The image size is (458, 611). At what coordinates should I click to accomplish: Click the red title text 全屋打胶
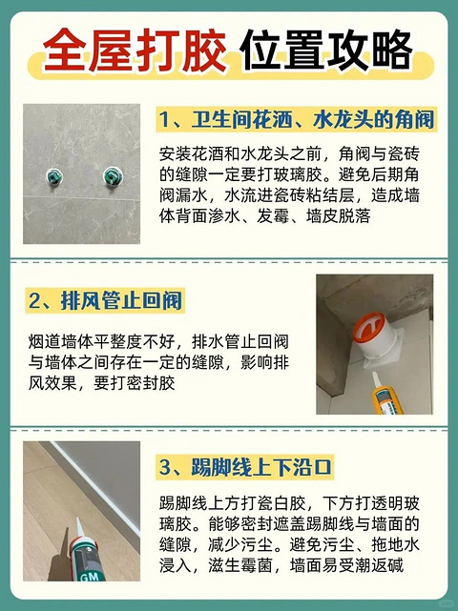pyautogui.click(x=135, y=51)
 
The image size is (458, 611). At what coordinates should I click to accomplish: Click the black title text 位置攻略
pyautogui.click(x=326, y=51)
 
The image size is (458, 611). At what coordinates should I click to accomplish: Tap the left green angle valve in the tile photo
pyautogui.click(x=54, y=176)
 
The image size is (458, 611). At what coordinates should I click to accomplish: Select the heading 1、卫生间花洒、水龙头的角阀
pyautogui.click(x=297, y=120)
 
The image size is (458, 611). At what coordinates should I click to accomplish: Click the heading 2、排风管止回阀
pyautogui.click(x=105, y=301)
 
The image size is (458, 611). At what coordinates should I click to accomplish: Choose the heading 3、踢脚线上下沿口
pyautogui.click(x=245, y=467)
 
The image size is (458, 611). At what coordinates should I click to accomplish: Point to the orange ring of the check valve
pyautogui.click(x=368, y=327)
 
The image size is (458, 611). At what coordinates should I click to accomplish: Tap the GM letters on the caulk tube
pyautogui.click(x=89, y=576)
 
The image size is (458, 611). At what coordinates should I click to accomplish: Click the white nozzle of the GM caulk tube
pyautogui.click(x=80, y=529)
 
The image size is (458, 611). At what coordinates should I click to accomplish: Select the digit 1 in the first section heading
pyautogui.click(x=164, y=120)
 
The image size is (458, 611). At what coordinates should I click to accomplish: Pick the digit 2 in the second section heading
pyautogui.click(x=34, y=301)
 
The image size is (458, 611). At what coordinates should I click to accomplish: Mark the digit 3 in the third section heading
pyautogui.click(x=165, y=467)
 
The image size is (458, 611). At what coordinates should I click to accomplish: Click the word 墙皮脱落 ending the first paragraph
pyautogui.click(x=338, y=215)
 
